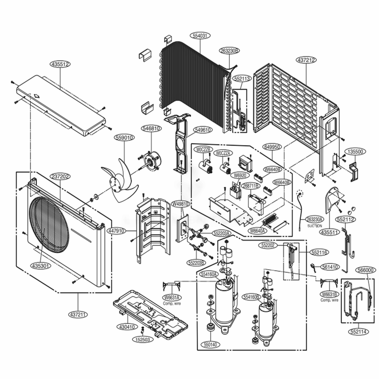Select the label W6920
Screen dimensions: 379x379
pyautogui.click(x=240, y=175)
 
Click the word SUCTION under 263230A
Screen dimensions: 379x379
pyautogui.click(x=315, y=226)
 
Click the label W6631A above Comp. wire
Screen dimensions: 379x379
pyautogui.click(x=172, y=297)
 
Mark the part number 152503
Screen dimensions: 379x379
pyautogui.click(x=143, y=340)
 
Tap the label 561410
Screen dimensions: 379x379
pyautogui.click(x=331, y=267)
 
